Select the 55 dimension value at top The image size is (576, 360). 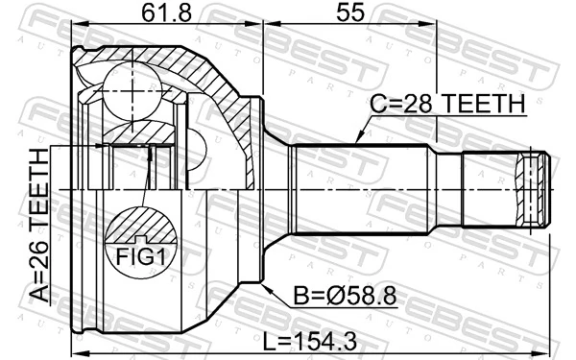tap(348, 14)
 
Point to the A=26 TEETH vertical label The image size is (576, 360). tap(39, 226)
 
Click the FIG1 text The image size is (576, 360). tap(141, 256)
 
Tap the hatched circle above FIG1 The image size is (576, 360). tap(141, 227)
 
